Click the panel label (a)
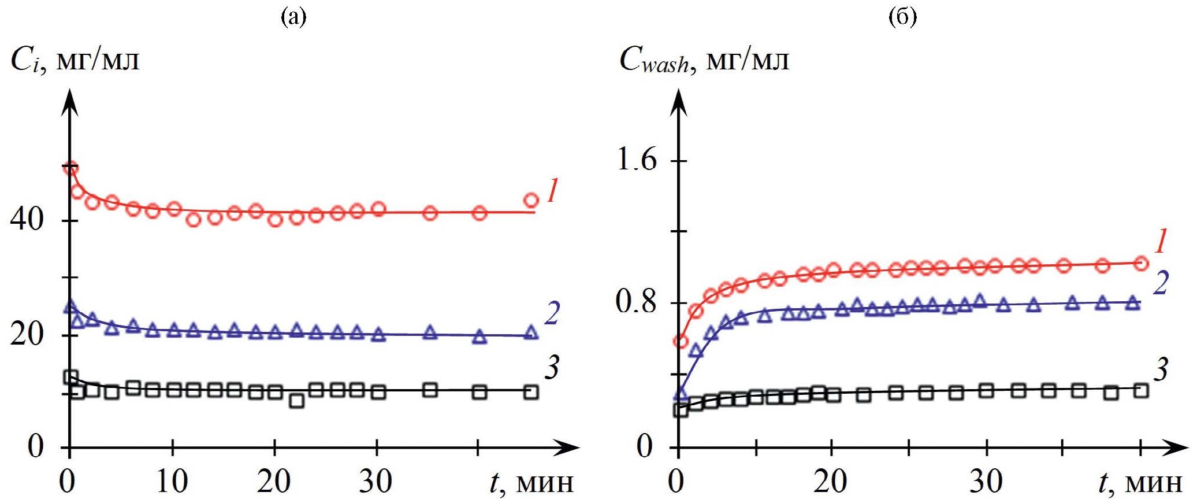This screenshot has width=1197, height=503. pos(293,17)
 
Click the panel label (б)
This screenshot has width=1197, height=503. pos(902,17)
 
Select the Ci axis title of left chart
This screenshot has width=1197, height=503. pos(75,59)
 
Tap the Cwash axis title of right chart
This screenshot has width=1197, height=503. pos(704,59)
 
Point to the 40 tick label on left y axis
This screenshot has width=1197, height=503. pos(27,220)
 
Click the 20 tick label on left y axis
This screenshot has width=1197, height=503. pos(27,334)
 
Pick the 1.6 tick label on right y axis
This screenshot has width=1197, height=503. pos(637,159)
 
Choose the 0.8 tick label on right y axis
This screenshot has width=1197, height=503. pos(637,301)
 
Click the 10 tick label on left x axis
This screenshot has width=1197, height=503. pos(172,482)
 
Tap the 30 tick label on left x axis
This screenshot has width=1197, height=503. pos(376,482)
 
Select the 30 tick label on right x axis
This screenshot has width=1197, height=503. pos(986,482)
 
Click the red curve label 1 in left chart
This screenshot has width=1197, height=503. pos(552,190)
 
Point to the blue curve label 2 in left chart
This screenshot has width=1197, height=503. pos(552,313)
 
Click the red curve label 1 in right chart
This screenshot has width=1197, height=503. pos(1161,241)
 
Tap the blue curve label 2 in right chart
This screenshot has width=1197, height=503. pos(1161,282)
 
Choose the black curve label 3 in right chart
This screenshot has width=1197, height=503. pos(1161,369)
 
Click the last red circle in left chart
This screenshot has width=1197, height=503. pos(531,201)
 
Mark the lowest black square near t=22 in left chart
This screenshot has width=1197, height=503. pos(296,400)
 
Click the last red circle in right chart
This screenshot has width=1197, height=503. pos(1141,264)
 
